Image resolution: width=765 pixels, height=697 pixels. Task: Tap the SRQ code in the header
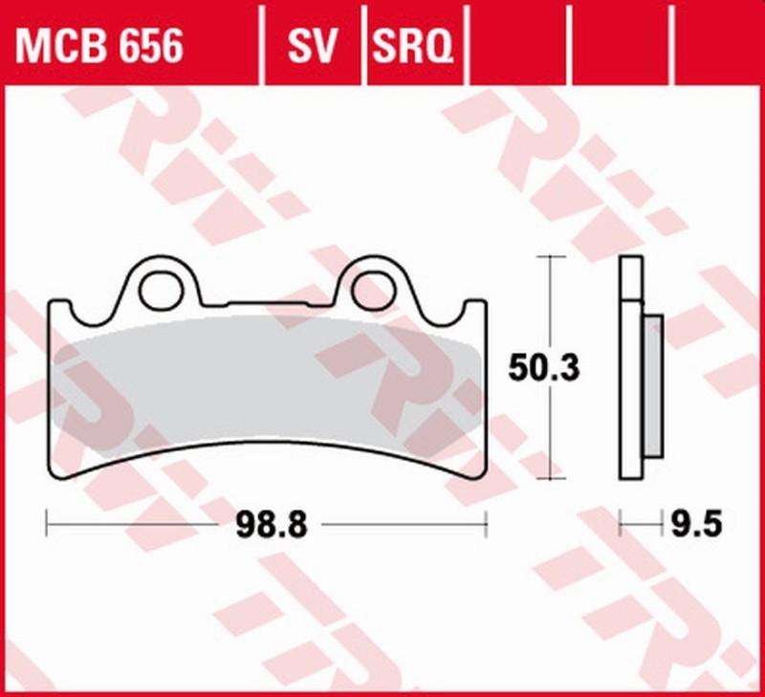click(411, 45)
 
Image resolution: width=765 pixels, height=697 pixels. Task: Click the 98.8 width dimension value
click(267, 524)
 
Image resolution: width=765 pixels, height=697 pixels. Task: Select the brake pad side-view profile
click(631, 368)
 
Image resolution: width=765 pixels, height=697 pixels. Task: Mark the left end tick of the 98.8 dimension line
click(48, 524)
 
